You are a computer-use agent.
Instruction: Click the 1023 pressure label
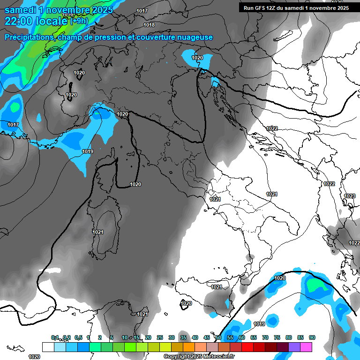(350, 196)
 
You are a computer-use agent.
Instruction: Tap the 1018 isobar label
(149, 25)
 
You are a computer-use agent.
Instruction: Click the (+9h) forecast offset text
(79, 21)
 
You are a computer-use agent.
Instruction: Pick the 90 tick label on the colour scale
(312, 337)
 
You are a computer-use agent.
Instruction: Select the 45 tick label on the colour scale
(207, 337)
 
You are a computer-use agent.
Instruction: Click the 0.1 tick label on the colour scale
(55, 337)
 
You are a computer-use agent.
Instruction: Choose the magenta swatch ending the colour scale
(306, 347)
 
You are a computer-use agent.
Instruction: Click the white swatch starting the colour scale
(48, 347)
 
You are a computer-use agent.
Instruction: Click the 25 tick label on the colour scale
(160, 337)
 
